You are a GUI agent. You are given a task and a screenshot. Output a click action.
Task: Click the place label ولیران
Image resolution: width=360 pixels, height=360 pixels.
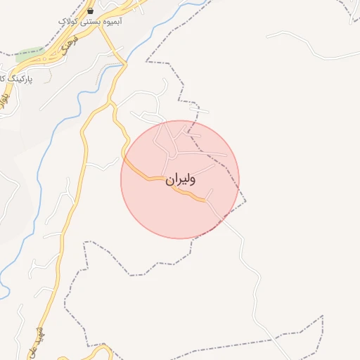pos(181,180)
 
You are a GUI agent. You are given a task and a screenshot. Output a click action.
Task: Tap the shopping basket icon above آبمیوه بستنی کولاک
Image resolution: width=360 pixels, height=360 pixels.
pos(91,11)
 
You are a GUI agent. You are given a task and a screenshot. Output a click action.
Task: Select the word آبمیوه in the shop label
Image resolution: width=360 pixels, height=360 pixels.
pos(111,22)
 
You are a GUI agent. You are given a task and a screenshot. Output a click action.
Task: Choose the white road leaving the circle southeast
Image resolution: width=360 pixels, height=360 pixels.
pos(232,225)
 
